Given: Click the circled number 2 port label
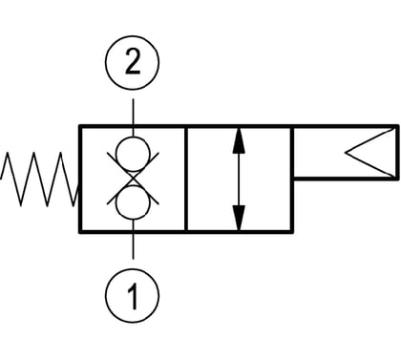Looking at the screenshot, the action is click(x=132, y=62).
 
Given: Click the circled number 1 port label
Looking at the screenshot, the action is click(x=132, y=295).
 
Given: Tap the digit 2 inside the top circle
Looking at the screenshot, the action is click(x=133, y=62).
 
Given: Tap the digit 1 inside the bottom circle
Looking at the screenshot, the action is click(x=134, y=296).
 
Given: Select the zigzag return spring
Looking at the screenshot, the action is click(x=40, y=179).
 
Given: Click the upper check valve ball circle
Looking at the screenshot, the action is click(x=133, y=154).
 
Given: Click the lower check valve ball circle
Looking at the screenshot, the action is click(x=133, y=202).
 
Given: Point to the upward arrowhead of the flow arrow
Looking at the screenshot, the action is click(x=239, y=141).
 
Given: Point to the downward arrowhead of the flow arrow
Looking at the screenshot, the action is click(x=239, y=218).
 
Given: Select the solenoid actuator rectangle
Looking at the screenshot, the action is click(x=345, y=153).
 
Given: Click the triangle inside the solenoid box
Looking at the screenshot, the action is click(x=369, y=153).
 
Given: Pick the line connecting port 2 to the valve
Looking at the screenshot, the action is click(x=133, y=112).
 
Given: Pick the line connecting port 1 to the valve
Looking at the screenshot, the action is click(x=133, y=245).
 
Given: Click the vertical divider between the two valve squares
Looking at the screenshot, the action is click(x=186, y=180).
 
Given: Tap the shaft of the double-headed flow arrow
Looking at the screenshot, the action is click(x=239, y=180).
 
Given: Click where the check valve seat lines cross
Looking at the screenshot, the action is click(x=133, y=179).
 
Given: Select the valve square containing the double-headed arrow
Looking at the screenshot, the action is click(x=239, y=180).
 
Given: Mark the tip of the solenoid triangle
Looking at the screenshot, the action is click(x=346, y=153).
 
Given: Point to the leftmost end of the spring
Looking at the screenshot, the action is click(x=1, y=179).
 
